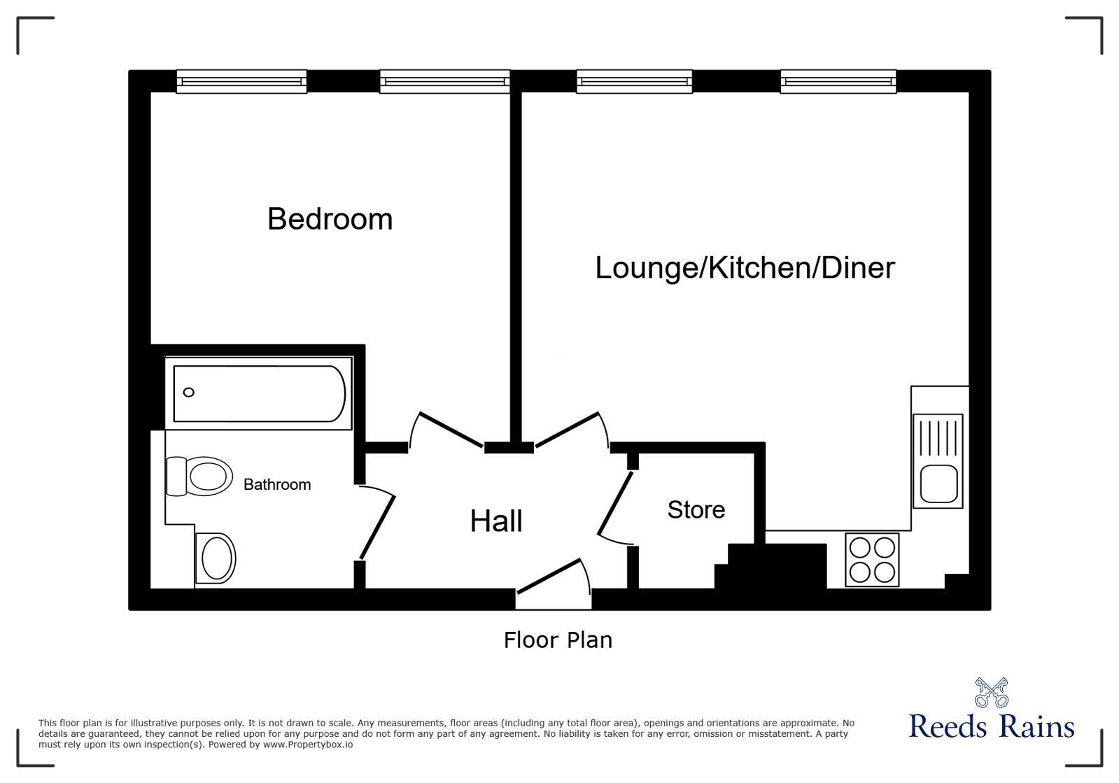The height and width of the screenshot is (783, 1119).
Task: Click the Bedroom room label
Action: pos(330,219)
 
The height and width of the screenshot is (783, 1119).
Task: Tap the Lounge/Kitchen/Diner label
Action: pos(745,268)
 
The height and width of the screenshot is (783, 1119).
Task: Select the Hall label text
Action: pos(495,521)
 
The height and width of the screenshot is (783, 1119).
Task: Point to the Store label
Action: pos(696,510)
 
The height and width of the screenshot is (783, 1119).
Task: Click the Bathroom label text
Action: pos(277,484)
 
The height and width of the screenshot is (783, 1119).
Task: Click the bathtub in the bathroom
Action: pos(259,393)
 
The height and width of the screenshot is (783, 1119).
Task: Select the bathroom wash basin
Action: pos(216,558)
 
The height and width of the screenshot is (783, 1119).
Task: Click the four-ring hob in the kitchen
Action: pos(872,559)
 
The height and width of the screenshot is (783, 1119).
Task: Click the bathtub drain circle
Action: pos(188,393)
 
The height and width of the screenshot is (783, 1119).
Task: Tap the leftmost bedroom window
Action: pos(241,81)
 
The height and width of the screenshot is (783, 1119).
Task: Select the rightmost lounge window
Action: pos(838,81)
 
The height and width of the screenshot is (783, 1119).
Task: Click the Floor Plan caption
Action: pos(558,640)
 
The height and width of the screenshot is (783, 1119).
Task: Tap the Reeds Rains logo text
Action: pos(991,726)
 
